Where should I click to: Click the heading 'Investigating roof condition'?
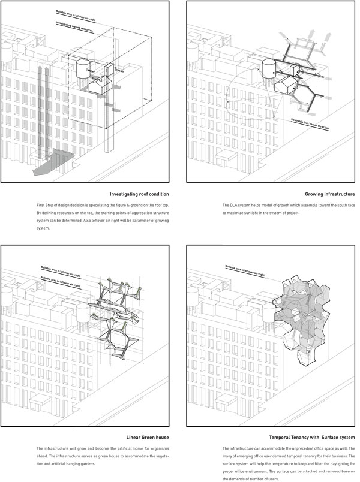[x=139, y=194]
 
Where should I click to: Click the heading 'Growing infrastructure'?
[x=328, y=194]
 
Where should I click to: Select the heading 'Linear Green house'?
[x=148, y=437]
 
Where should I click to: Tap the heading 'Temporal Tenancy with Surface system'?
[x=312, y=437]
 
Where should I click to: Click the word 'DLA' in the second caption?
[x=235, y=206]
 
